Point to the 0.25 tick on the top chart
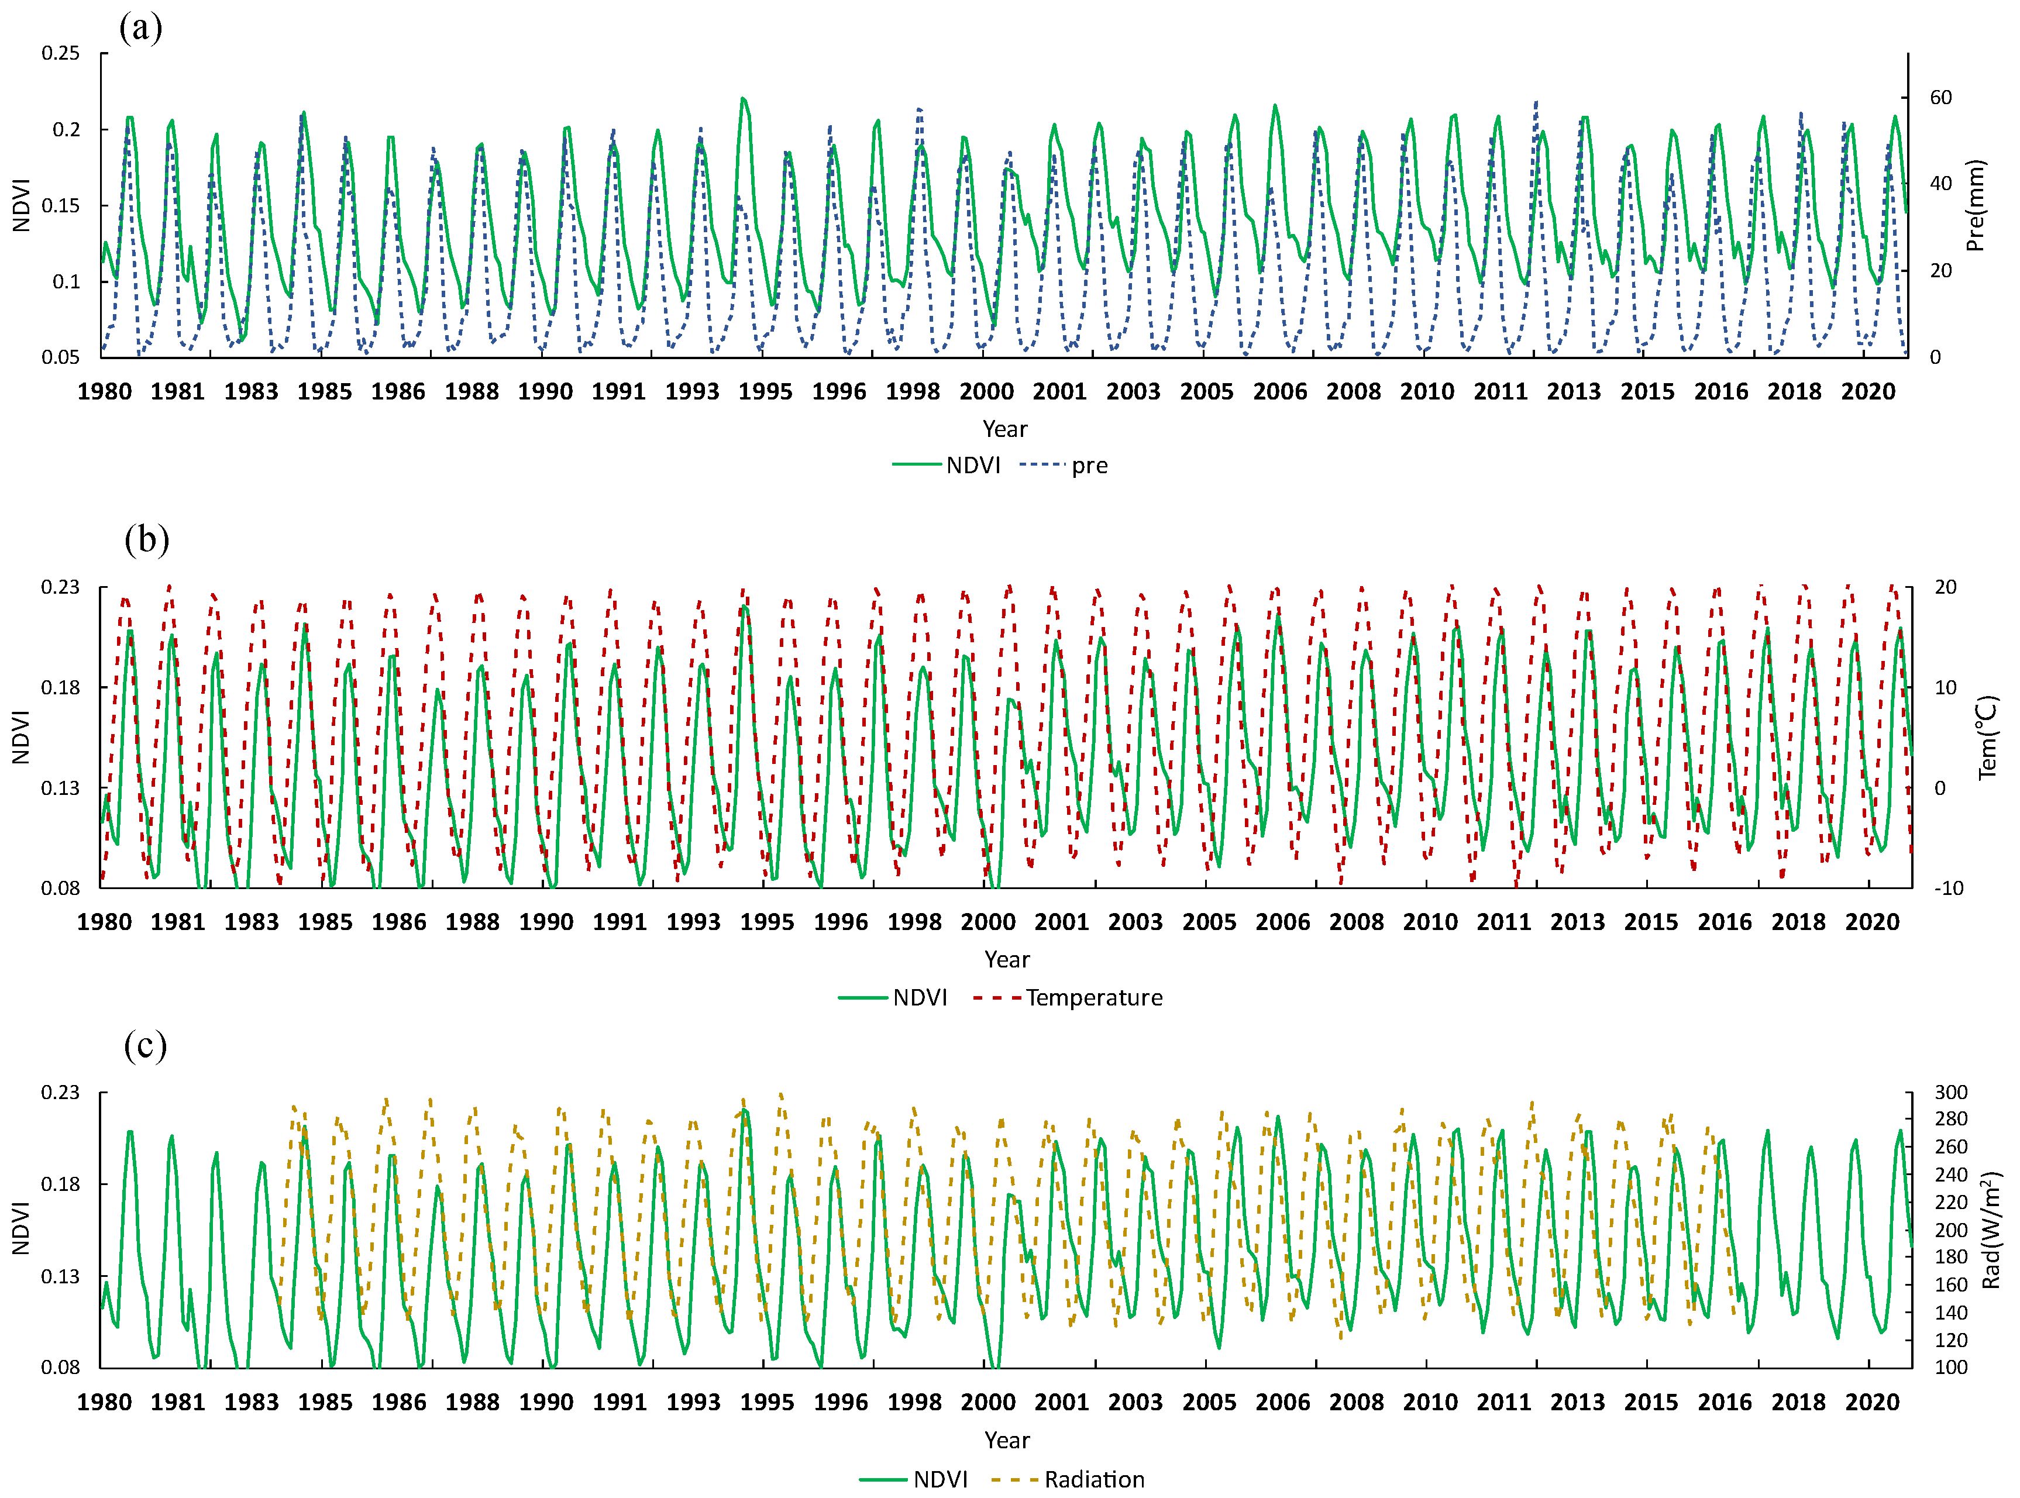[x=61, y=53]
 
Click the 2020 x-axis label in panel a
[x=1868, y=392]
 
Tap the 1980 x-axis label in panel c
[x=104, y=1402]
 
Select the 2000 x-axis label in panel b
[x=987, y=922]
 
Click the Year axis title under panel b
[x=1006, y=959]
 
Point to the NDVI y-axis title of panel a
[x=22, y=206]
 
